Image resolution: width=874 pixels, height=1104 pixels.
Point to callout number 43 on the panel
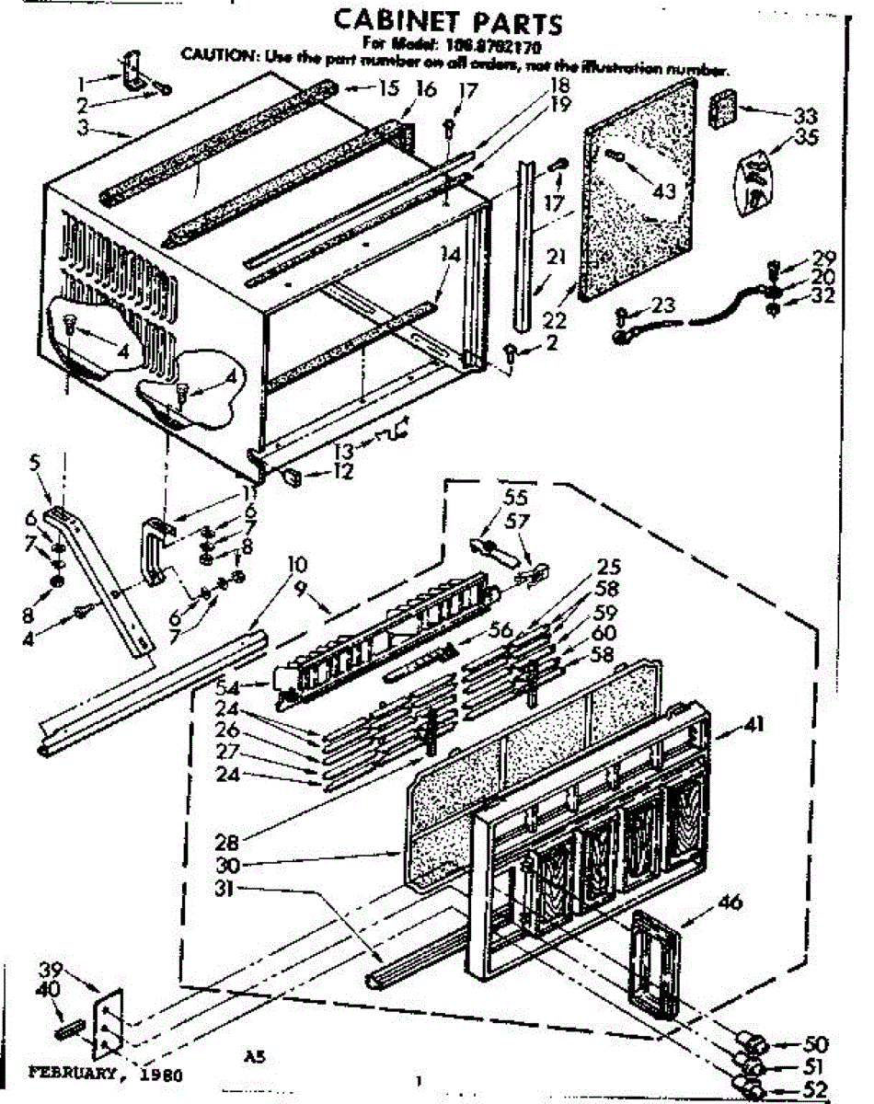(x=662, y=190)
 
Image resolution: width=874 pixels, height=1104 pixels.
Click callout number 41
(x=756, y=726)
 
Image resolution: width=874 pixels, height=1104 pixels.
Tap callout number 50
(x=815, y=1043)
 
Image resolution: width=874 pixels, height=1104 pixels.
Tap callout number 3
(x=82, y=128)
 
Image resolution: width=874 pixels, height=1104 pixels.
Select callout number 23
(x=662, y=305)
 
